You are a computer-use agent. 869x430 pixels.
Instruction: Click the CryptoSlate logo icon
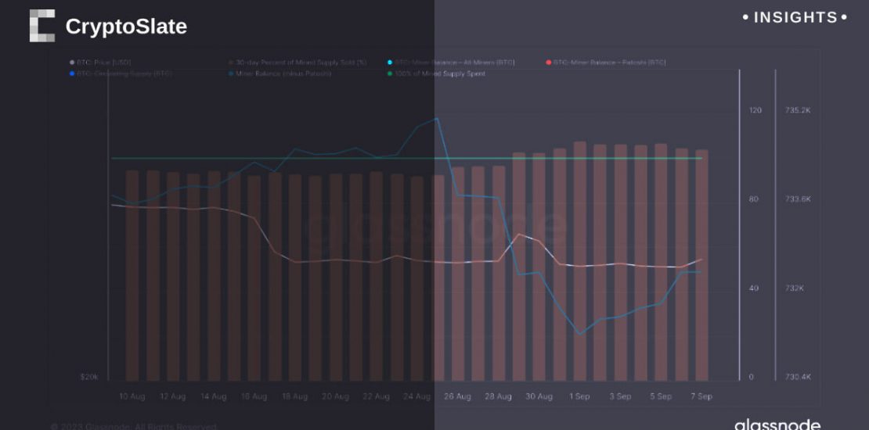[41, 26]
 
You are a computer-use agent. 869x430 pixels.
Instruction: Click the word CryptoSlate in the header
[126, 27]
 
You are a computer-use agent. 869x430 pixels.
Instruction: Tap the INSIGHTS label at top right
[795, 17]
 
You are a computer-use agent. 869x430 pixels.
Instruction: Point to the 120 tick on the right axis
[755, 110]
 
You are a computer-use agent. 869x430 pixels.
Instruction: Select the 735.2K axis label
[798, 110]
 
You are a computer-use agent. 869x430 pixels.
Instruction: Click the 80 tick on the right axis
[753, 199]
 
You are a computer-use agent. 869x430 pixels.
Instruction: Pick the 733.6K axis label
[798, 199]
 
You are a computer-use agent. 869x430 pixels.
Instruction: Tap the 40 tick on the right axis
[753, 288]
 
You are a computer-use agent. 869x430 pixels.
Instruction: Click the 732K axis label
[795, 288]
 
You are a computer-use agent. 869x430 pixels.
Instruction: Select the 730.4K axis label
[798, 378]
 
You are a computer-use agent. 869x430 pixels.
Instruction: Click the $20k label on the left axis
[89, 377]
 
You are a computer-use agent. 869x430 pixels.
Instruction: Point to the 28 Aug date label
[498, 396]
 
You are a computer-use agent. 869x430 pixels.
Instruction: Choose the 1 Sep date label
[579, 396]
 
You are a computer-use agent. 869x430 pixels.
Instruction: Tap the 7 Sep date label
[701, 396]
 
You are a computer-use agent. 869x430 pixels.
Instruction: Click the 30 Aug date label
[539, 396]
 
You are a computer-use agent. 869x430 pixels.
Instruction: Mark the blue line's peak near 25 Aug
[436, 119]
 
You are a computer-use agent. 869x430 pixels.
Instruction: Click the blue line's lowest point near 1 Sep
[580, 334]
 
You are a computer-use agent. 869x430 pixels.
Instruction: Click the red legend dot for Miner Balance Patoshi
[548, 62]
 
